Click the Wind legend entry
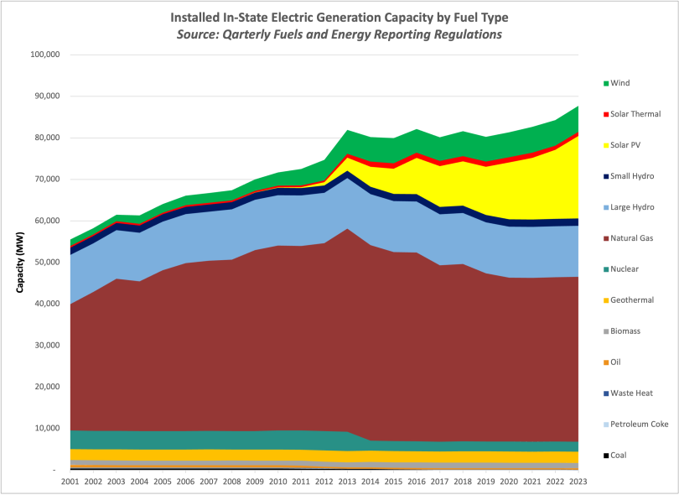[x=619, y=83]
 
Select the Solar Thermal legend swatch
[x=605, y=114]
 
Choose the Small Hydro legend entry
[x=631, y=176]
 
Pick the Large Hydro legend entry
[x=631, y=207]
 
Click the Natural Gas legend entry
[x=632, y=238]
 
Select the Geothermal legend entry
[x=631, y=300]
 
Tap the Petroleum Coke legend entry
[x=639, y=424]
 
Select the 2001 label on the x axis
[x=70, y=482]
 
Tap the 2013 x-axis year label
[x=345, y=482]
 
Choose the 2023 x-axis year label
[x=578, y=482]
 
